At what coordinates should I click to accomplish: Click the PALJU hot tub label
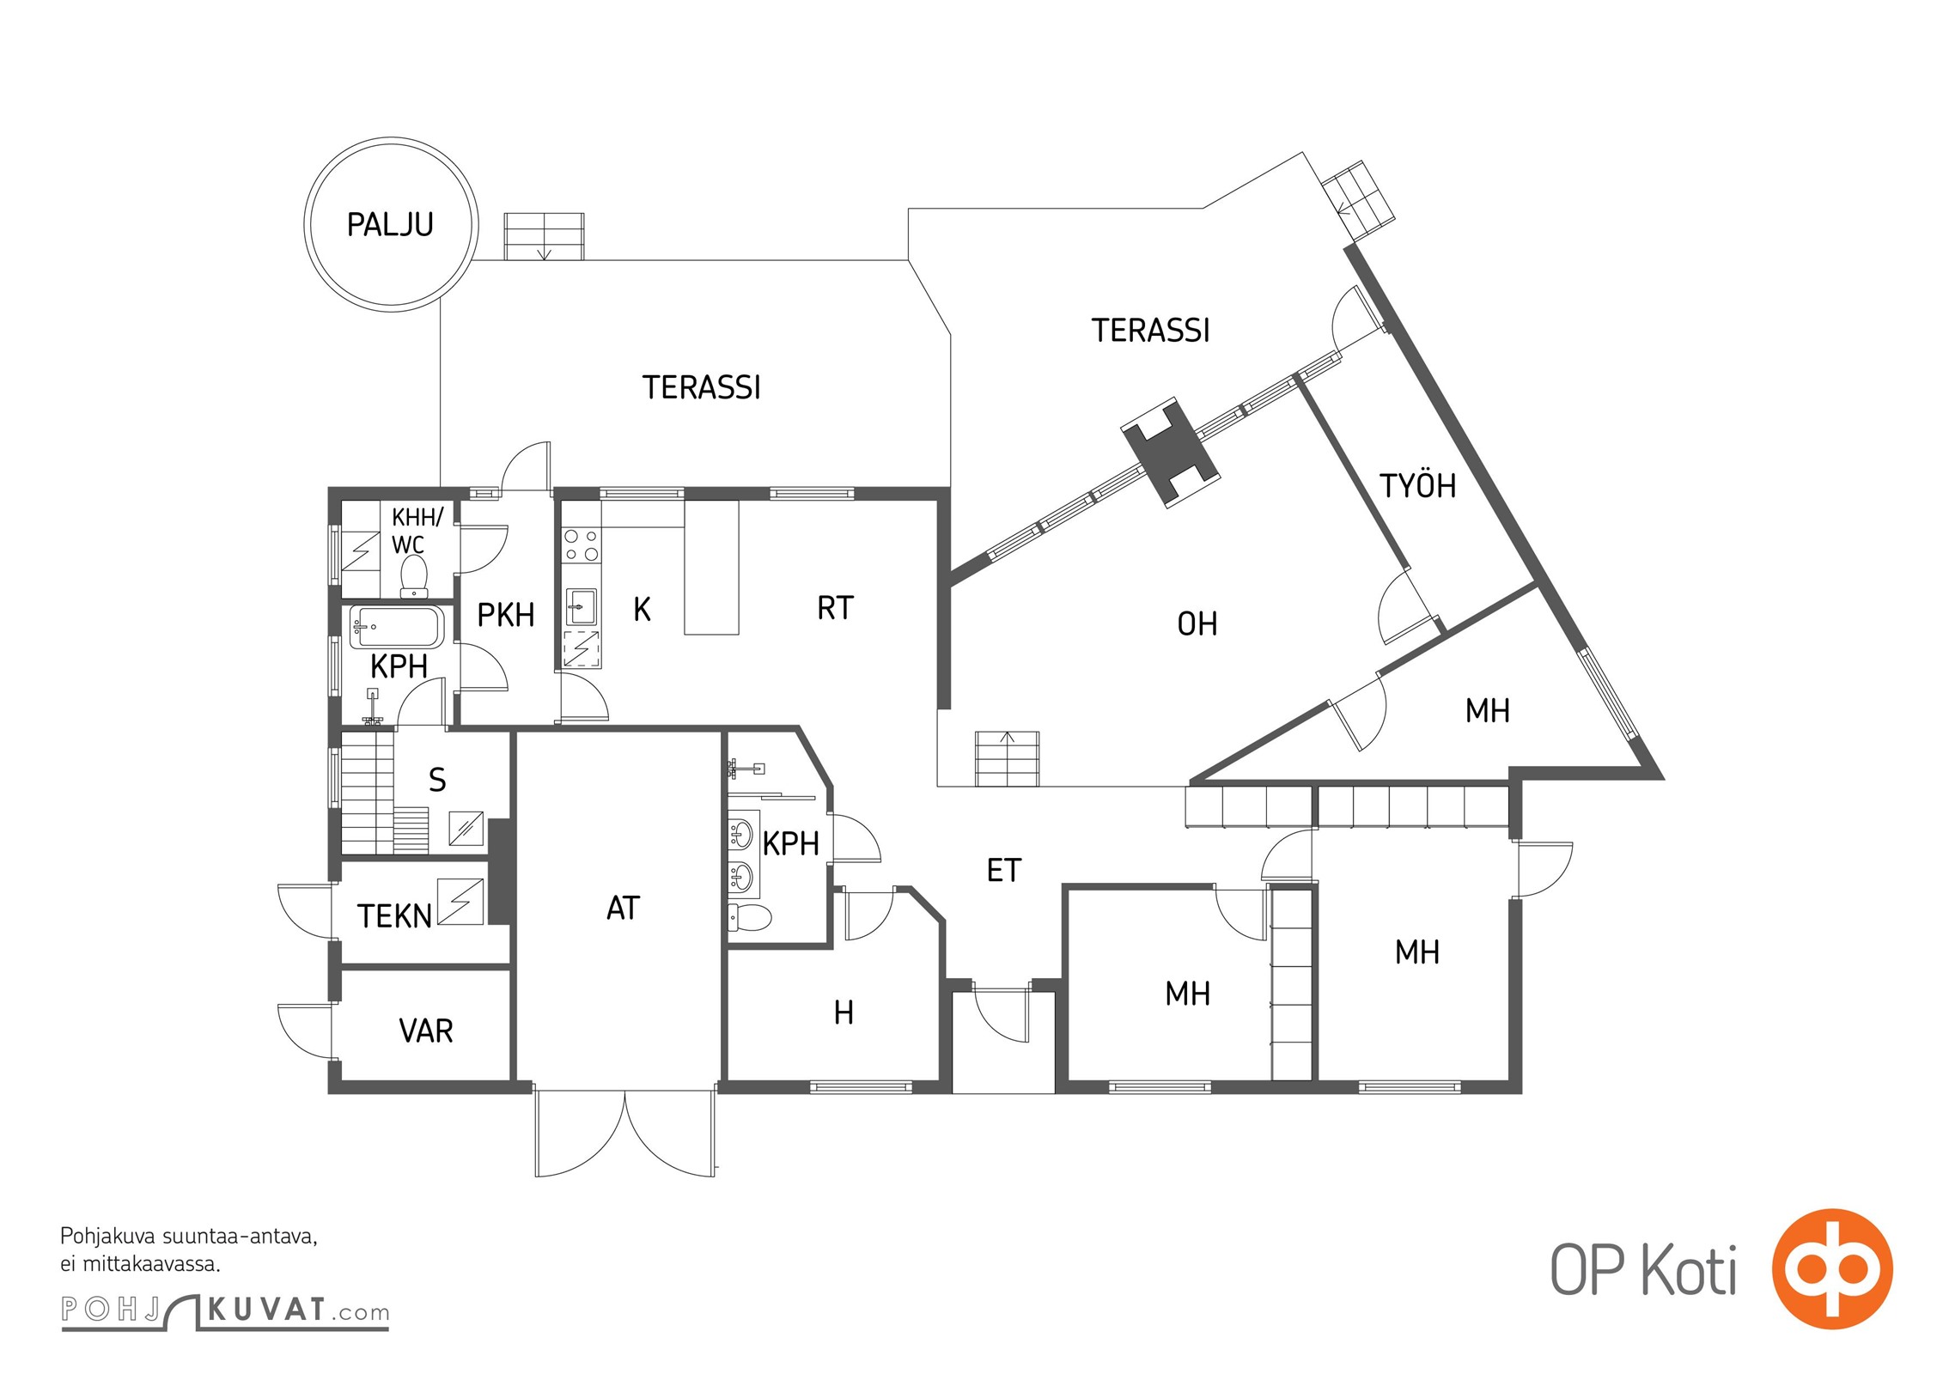pos(390,225)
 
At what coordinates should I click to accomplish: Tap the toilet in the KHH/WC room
pos(414,575)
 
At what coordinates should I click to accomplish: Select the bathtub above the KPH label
pos(397,627)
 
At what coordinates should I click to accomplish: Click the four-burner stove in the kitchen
pos(582,545)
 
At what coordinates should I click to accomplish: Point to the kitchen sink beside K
pos(582,606)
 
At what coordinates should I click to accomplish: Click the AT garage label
pos(624,908)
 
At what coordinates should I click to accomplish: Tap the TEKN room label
pos(394,916)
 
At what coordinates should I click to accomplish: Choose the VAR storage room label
pos(426,1030)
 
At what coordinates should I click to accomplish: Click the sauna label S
pos(437,780)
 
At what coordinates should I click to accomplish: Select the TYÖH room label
pos(1418,485)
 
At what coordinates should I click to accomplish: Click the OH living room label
pos(1197,624)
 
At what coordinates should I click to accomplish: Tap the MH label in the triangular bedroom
pos(1488,711)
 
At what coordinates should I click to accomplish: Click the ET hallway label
pos(1004,871)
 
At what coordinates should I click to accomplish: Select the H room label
pos(844,1013)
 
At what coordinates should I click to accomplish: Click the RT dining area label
pos(835,608)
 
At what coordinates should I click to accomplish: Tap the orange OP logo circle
pos(1832,1269)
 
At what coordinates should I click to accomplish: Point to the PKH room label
pos(506,615)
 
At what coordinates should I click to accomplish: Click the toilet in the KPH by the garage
pos(749,917)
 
